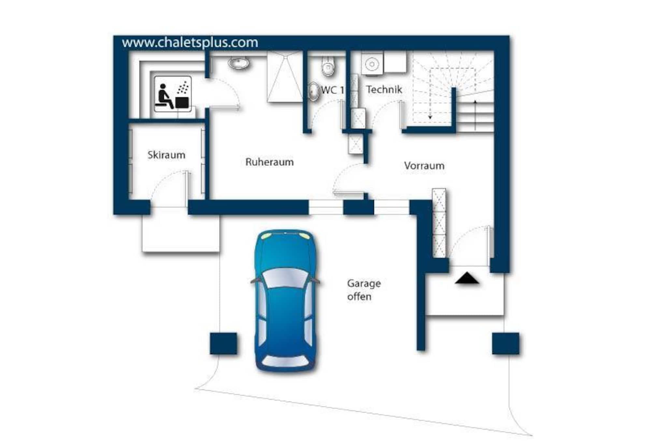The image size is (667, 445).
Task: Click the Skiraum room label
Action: point(166,155)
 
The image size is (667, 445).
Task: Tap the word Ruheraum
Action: point(269,162)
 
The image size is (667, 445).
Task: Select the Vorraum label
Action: point(424,166)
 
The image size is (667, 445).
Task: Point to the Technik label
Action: point(384,89)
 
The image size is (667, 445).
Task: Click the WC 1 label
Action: point(332,90)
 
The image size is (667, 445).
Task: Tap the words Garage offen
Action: point(363,290)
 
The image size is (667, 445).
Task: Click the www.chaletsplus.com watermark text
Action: point(190,42)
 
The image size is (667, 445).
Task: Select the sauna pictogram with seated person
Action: point(173,94)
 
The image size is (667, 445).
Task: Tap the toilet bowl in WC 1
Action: point(328,66)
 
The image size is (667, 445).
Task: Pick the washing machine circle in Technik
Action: point(372,64)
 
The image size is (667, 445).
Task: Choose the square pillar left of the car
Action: point(223,343)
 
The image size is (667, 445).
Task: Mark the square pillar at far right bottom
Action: point(505,343)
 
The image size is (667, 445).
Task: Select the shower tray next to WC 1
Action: point(285,77)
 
